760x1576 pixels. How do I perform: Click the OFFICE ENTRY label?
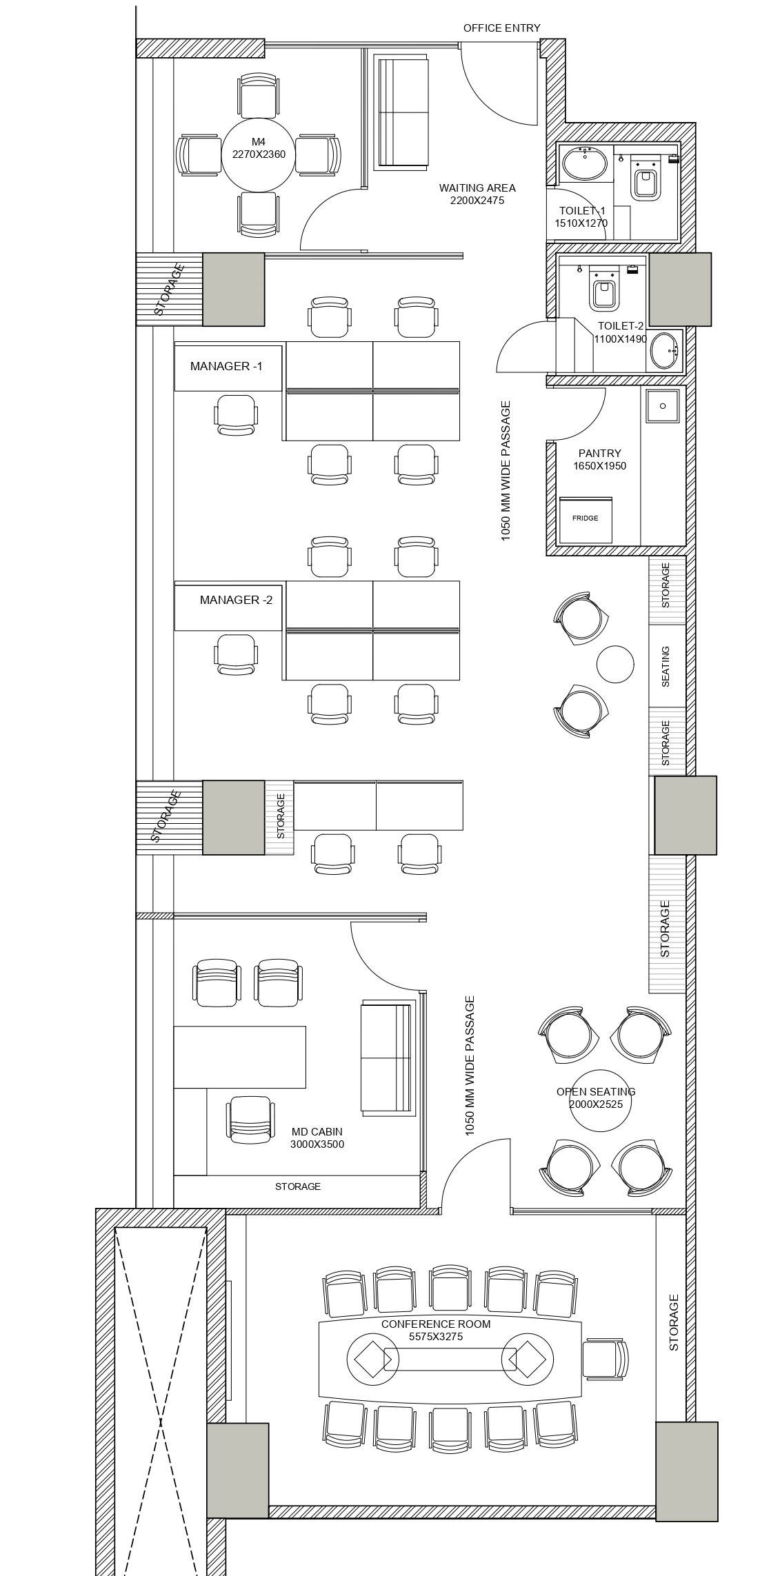click(x=501, y=28)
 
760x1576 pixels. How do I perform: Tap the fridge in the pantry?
click(x=586, y=519)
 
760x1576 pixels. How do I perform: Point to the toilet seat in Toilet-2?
click(x=604, y=289)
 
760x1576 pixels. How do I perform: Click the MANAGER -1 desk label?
click(x=226, y=366)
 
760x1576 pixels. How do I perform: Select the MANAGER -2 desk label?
click(x=236, y=600)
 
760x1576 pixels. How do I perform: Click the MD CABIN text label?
click(x=317, y=1132)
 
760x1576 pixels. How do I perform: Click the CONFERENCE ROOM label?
click(x=436, y=1324)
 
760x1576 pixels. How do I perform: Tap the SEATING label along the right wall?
click(x=666, y=666)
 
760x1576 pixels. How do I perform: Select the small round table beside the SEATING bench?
click(x=614, y=664)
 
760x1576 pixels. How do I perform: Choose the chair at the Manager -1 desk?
click(x=236, y=414)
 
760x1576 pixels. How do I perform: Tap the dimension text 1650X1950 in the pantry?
click(x=599, y=466)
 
